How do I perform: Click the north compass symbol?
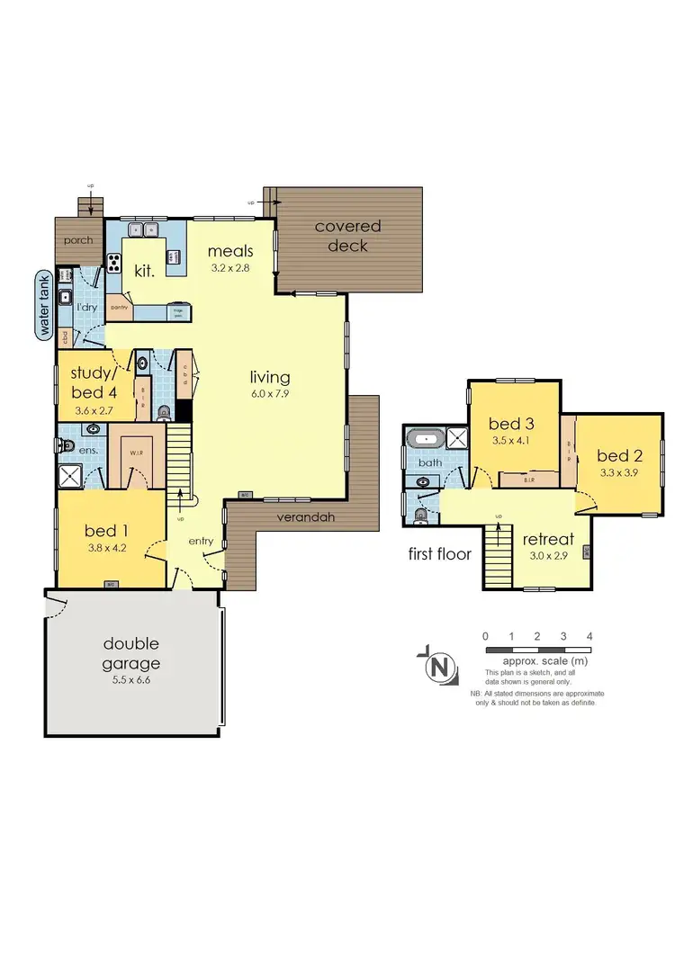(x=439, y=668)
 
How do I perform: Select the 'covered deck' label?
(x=347, y=236)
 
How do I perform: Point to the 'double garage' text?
(x=131, y=653)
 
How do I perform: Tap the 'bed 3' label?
(x=506, y=423)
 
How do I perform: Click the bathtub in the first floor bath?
(x=424, y=440)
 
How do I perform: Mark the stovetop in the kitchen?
(x=115, y=263)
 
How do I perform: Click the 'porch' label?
(x=77, y=240)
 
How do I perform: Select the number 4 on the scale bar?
(x=589, y=636)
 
